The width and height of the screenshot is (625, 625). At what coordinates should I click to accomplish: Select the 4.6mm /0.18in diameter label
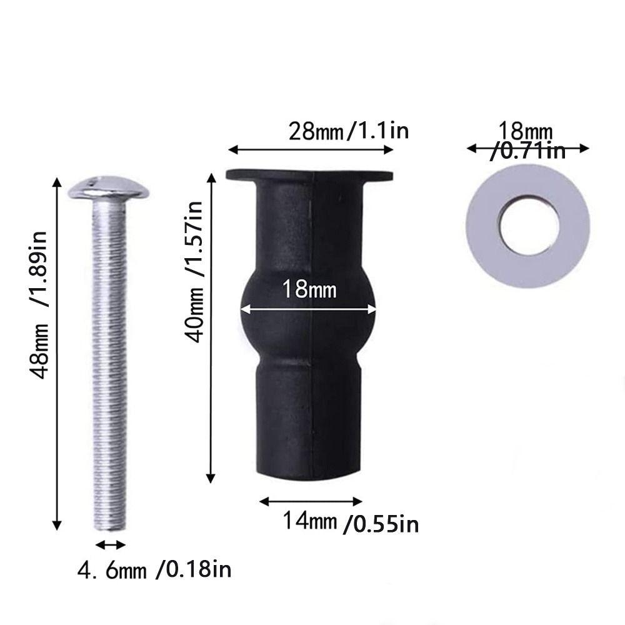154,570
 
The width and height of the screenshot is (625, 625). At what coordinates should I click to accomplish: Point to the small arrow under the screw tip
111,544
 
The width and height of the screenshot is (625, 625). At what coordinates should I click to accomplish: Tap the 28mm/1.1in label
348,131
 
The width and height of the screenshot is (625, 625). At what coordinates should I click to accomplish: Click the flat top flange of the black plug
309,174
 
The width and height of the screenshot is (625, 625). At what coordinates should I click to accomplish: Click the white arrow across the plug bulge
309,308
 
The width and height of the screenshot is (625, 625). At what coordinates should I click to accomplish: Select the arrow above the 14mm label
311,501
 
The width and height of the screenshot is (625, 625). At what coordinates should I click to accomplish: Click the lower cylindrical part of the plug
309,425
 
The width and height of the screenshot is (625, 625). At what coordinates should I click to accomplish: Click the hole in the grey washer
529,226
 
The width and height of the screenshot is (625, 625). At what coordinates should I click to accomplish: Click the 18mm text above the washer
525,132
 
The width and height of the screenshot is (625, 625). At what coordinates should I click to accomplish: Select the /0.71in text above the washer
529,152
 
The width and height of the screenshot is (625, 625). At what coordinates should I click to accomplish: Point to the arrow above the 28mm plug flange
311,149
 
